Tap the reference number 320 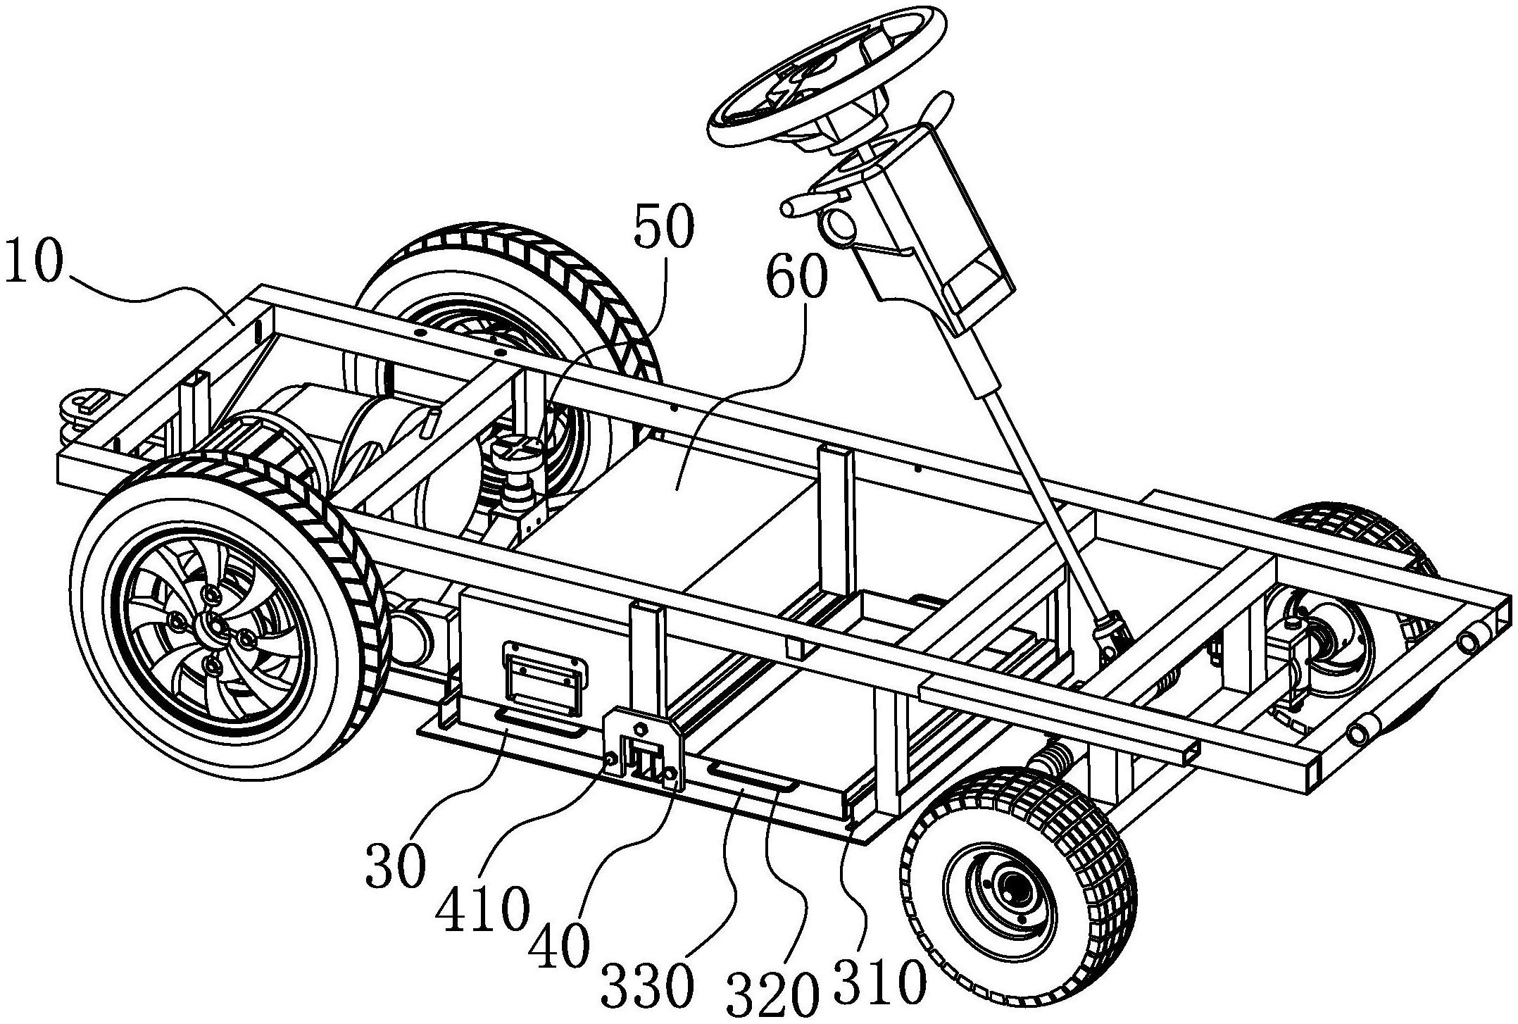[x=773, y=993]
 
